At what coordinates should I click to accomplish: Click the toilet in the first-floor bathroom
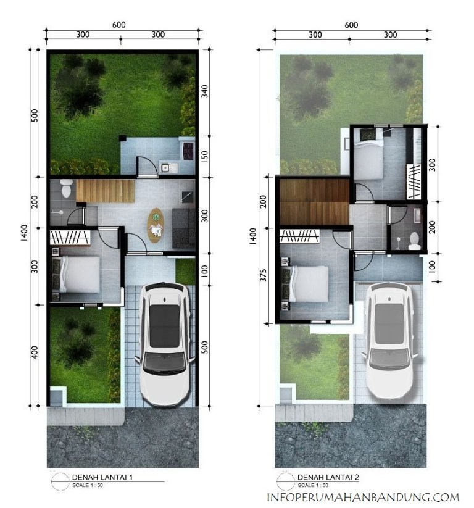(x=66, y=188)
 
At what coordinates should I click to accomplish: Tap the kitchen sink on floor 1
(x=165, y=168)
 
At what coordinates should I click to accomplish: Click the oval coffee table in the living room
(x=156, y=225)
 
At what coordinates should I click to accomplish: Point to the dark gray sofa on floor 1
(x=184, y=228)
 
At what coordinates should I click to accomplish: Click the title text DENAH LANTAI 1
(x=102, y=477)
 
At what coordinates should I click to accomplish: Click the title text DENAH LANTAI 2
(x=328, y=477)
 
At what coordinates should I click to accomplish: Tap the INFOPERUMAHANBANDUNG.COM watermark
(x=362, y=497)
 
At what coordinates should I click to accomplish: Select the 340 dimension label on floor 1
(x=204, y=91)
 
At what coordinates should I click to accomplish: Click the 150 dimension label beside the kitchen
(x=204, y=157)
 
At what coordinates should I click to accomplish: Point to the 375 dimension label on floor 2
(x=264, y=275)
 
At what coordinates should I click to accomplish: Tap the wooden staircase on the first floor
(x=106, y=191)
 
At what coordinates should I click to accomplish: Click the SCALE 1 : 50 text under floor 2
(x=313, y=485)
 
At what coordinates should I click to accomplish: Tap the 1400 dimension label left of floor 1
(x=25, y=233)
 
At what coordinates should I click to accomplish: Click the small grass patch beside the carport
(x=185, y=272)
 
